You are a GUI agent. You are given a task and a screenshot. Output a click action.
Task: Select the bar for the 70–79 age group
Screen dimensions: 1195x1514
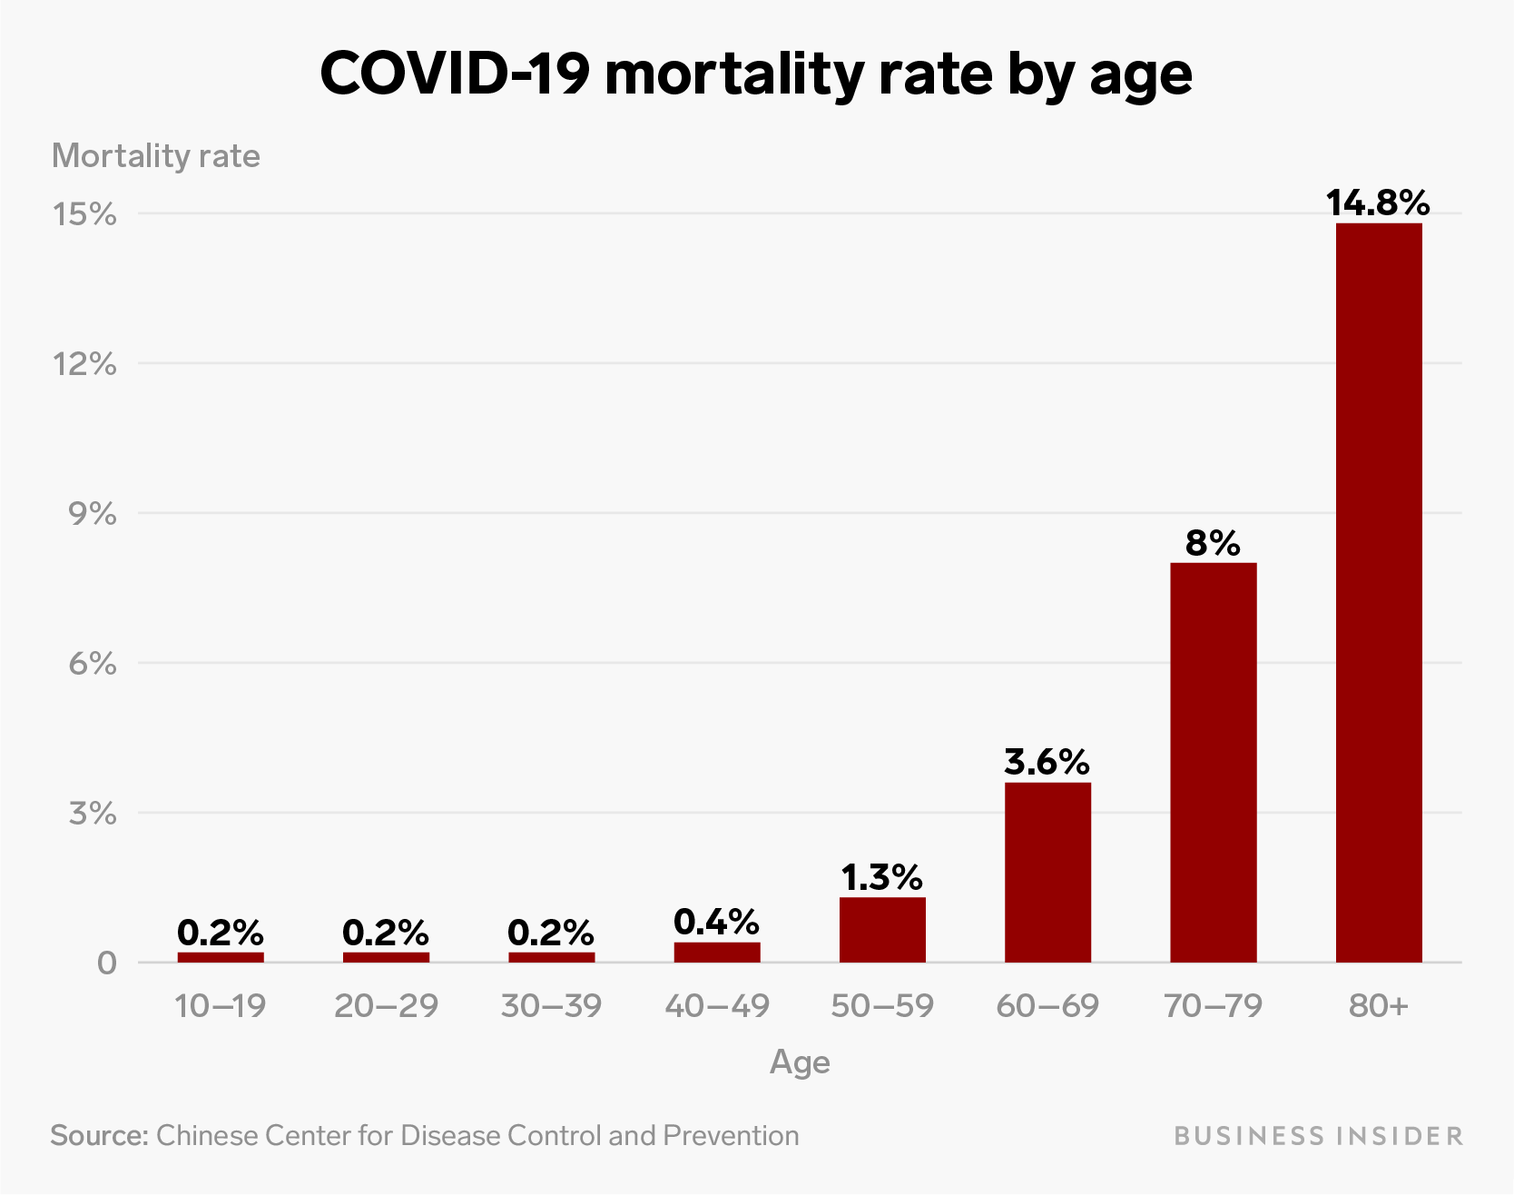click(x=1213, y=762)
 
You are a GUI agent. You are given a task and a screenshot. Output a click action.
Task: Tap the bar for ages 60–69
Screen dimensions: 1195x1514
click(x=1047, y=872)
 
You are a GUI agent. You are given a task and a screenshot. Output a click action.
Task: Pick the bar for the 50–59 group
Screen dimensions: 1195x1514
click(x=882, y=930)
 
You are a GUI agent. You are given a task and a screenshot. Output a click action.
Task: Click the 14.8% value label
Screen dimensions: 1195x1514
click(x=1378, y=202)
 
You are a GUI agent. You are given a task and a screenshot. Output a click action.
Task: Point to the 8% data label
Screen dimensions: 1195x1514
click(x=1213, y=543)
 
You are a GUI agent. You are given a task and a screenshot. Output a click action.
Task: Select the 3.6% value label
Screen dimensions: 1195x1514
click(x=1047, y=762)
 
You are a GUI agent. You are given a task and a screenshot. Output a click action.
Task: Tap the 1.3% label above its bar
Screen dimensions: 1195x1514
click(x=881, y=877)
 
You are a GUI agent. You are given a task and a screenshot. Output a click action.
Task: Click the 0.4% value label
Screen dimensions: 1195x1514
click(x=716, y=922)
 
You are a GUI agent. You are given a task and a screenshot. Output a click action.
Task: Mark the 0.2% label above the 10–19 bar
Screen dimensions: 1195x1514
click(x=221, y=932)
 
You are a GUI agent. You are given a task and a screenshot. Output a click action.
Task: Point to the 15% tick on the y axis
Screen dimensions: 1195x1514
click(x=84, y=214)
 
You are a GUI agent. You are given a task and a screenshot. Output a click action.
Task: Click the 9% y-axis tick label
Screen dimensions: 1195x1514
click(x=93, y=514)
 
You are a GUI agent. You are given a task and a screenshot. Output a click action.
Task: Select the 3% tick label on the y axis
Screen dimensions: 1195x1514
click(x=93, y=813)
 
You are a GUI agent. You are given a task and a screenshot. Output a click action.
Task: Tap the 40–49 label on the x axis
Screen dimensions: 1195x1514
click(x=716, y=1005)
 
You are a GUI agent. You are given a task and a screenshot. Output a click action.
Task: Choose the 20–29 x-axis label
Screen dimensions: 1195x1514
click(x=386, y=1005)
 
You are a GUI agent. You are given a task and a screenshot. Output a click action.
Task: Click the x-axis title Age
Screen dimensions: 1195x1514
click(x=800, y=1062)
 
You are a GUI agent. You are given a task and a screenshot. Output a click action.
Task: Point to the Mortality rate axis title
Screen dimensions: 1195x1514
click(x=156, y=156)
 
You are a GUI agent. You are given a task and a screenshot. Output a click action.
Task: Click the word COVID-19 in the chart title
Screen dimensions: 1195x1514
click(x=455, y=74)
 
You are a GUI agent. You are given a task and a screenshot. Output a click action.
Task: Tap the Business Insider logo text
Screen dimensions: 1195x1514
click(x=1318, y=1136)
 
